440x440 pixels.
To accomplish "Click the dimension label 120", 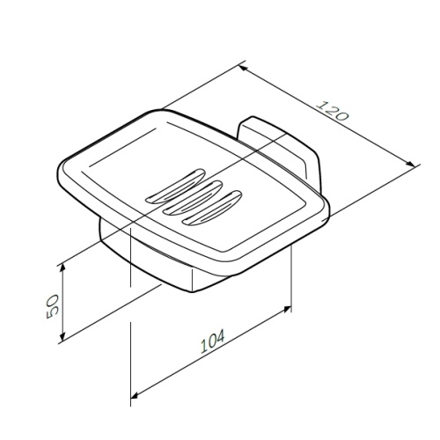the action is (334, 111).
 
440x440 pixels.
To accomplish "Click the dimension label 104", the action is (212, 341).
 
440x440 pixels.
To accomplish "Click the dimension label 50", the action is (53, 306).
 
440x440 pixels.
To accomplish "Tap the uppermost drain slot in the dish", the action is (175, 187).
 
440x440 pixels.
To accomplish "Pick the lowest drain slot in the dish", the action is (212, 208).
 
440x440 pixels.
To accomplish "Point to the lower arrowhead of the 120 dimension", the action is (410, 164).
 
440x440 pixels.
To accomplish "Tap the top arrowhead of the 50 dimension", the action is (62, 268).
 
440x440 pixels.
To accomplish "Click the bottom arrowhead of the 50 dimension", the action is (62, 336).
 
